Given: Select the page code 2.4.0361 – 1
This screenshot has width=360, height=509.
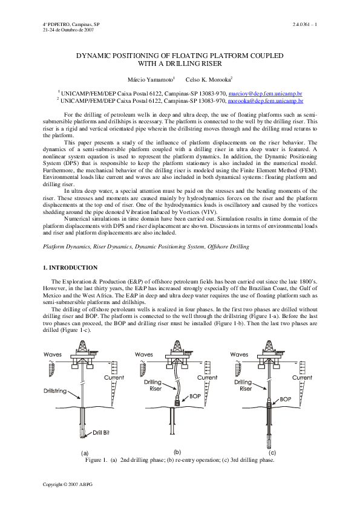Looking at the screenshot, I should (x=304, y=24).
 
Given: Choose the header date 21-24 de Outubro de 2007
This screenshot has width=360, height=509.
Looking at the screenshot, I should (x=67, y=29).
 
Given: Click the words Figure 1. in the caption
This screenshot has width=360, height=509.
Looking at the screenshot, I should (x=97, y=460).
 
